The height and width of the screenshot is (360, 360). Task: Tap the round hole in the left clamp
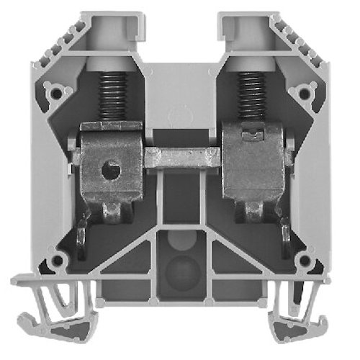109,171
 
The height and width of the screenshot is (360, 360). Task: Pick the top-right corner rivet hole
305,92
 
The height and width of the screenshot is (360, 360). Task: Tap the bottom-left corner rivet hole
55,261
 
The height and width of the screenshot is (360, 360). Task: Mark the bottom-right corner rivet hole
305,261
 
